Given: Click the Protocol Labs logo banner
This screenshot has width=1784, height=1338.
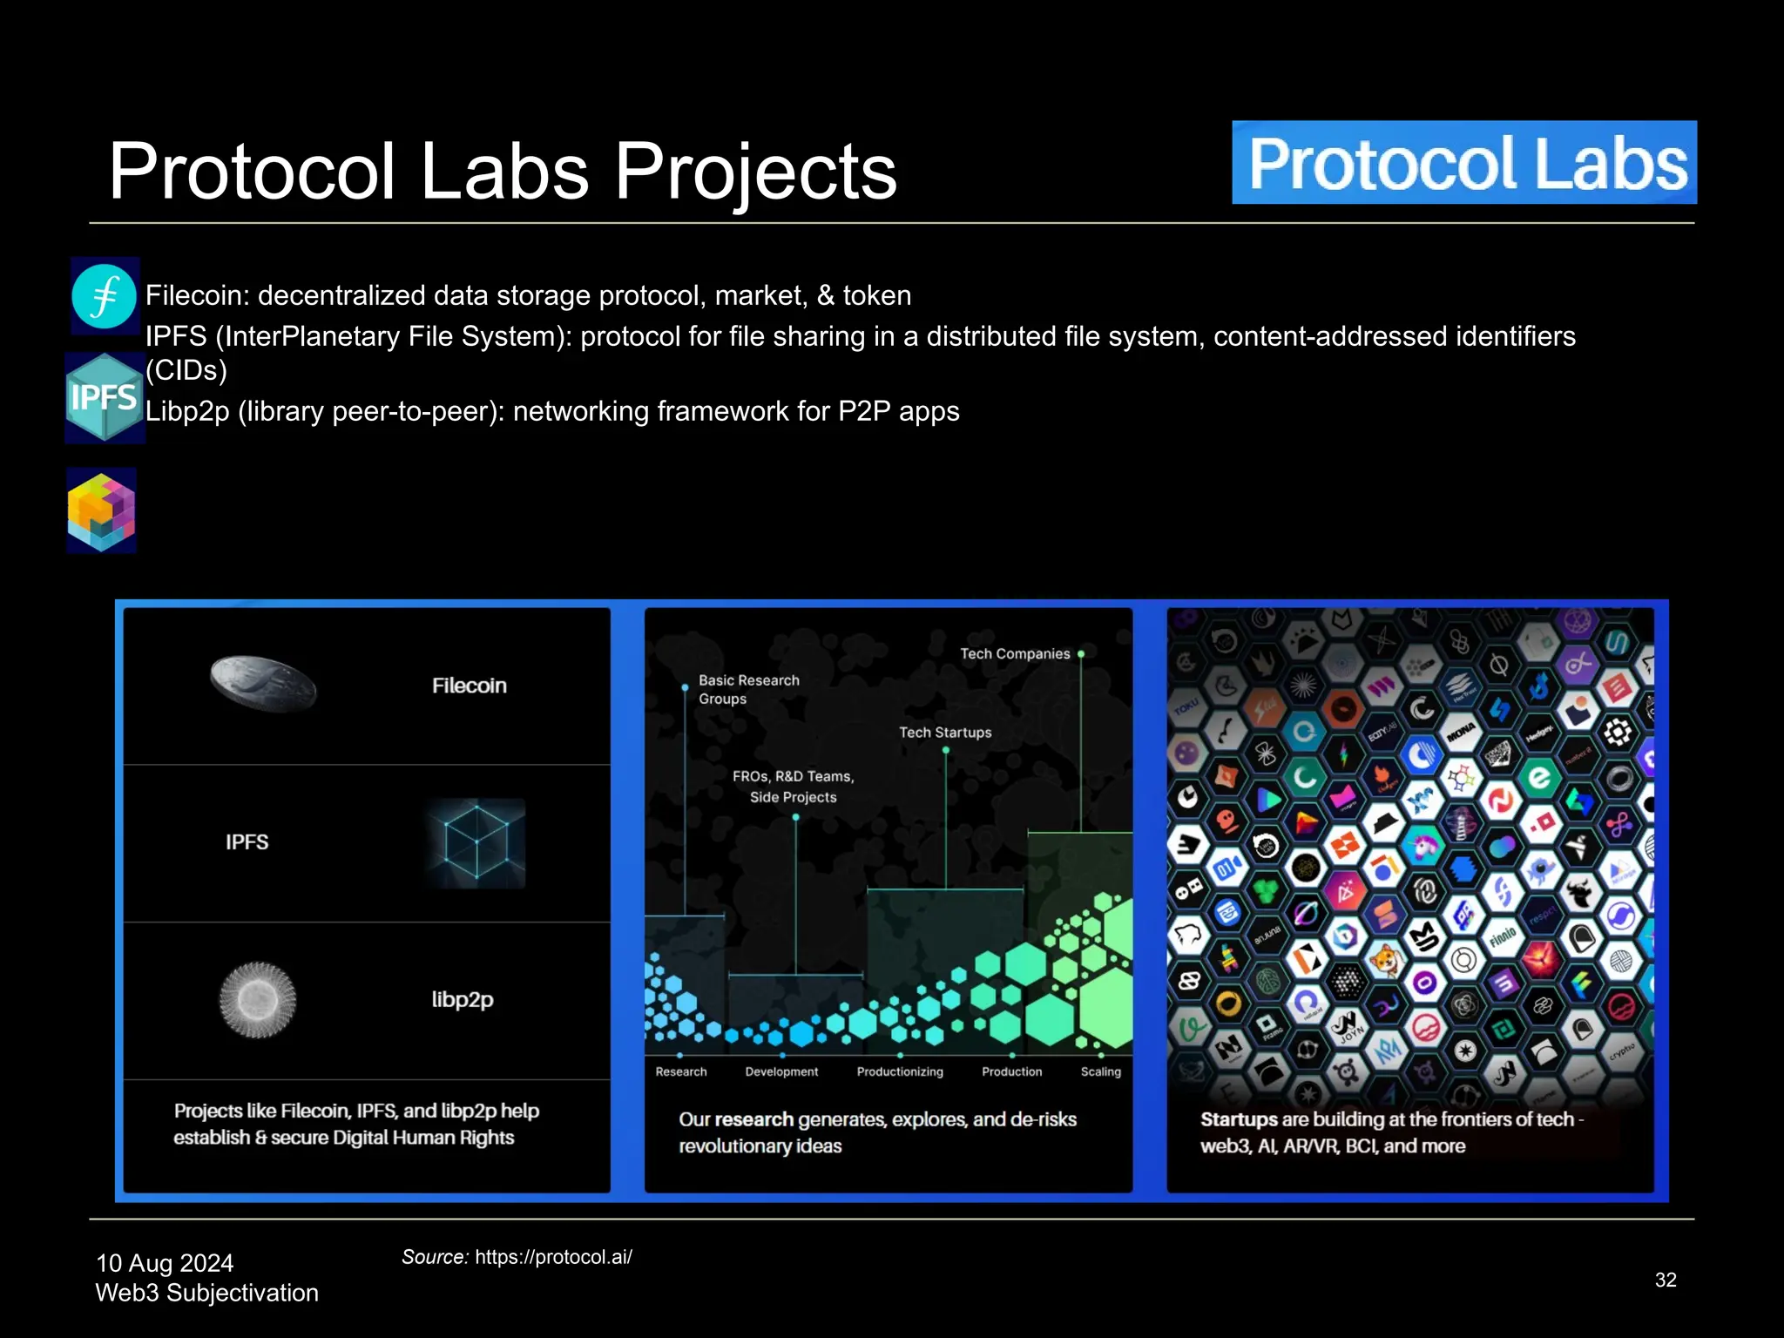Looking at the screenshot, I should [x=1463, y=163].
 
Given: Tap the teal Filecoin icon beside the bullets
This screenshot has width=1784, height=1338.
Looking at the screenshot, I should [x=104, y=296].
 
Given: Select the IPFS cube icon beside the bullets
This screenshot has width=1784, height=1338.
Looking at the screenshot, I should [x=105, y=397].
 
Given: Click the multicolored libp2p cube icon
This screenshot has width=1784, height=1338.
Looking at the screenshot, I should [x=102, y=510].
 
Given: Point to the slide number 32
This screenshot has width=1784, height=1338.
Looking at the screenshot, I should [x=1666, y=1280].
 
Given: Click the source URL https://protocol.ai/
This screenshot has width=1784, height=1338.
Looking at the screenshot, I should [x=553, y=1257].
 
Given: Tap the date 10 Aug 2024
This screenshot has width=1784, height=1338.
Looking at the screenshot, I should [x=165, y=1263].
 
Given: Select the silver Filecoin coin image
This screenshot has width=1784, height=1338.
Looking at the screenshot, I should [x=263, y=684].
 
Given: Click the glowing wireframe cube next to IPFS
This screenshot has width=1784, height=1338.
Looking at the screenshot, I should [x=476, y=842].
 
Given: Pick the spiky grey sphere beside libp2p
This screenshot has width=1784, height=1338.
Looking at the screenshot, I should [x=257, y=999].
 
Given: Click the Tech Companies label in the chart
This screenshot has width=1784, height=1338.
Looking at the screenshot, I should [x=1015, y=654].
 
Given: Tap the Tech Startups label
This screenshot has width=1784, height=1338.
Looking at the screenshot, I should [x=945, y=733].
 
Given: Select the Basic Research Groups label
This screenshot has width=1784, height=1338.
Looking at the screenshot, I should [x=748, y=689].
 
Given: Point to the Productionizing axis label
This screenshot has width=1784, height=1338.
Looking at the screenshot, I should [x=899, y=1071].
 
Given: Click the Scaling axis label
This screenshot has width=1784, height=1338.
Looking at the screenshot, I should [x=1100, y=1071].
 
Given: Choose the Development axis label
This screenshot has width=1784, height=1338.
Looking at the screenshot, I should [x=781, y=1071].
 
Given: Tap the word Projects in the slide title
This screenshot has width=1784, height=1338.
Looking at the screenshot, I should [x=755, y=172].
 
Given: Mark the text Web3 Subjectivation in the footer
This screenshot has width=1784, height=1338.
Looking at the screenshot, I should [x=206, y=1293].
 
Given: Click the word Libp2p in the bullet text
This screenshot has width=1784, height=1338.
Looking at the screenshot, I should [x=186, y=411].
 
